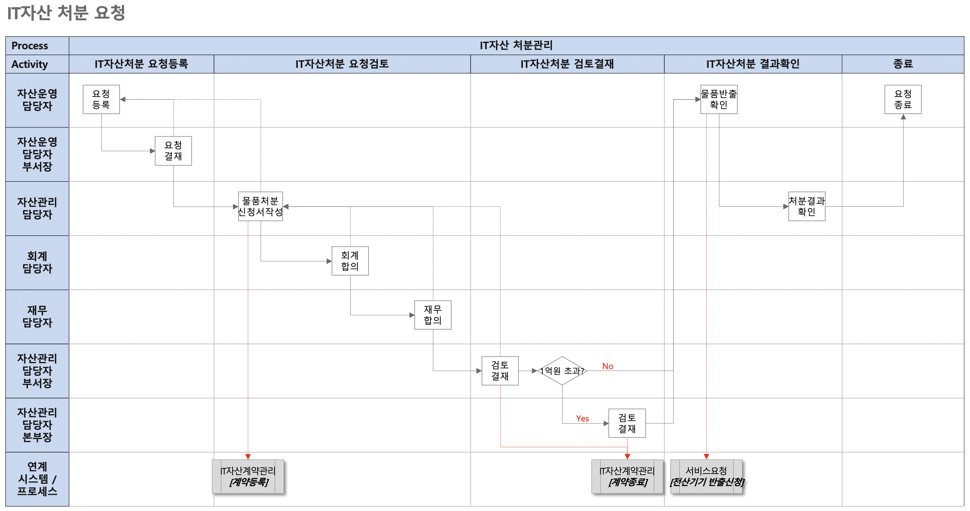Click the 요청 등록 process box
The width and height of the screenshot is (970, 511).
[101, 99]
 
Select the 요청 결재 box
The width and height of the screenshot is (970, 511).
[173, 151]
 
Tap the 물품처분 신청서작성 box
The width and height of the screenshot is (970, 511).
[260, 206]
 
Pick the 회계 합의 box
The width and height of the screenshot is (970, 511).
[350, 261]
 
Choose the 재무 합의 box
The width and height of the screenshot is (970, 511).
[433, 315]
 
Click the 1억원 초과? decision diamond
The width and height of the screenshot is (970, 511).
[562, 371]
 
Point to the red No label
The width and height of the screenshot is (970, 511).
[607, 366]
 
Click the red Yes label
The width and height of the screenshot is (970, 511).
[582, 418]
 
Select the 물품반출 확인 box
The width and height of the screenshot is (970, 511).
[718, 99]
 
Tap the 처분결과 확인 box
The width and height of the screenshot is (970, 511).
[807, 206]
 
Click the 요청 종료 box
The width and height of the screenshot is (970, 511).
[902, 99]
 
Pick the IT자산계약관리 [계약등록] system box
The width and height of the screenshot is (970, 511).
[248, 476]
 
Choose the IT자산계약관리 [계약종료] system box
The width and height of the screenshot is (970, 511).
[627, 476]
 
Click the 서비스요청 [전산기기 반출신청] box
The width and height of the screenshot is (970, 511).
[706, 476]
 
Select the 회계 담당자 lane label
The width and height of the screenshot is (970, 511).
[37, 262]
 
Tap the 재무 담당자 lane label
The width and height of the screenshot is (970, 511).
[37, 316]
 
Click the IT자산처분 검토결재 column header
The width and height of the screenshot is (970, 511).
[567, 64]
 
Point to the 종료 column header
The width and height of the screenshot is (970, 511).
[902, 64]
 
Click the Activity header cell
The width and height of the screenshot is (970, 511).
[30, 64]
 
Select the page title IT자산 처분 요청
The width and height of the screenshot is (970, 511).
[66, 13]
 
